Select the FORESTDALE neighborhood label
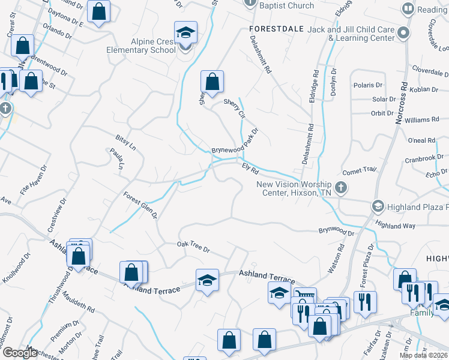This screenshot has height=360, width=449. click(274, 28)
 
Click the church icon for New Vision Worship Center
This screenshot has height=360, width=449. click(340, 188)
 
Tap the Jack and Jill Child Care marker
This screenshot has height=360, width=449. click(403, 34)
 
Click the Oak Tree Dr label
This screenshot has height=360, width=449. click(193, 247)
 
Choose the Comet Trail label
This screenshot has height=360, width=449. click(359, 170)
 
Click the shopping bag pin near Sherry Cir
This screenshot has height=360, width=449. click(212, 81)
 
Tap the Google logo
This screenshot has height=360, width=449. click(20, 353)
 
